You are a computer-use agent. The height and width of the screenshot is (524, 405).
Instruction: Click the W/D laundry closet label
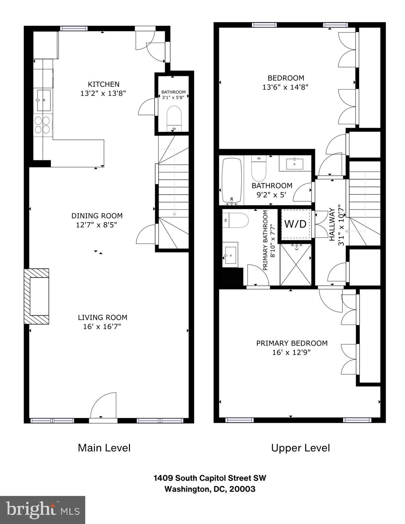(295, 224)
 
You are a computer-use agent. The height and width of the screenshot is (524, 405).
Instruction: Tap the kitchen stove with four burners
(42, 125)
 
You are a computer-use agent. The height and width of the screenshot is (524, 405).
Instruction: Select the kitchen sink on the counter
(43, 100)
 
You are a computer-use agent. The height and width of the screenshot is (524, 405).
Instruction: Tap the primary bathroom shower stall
(296, 264)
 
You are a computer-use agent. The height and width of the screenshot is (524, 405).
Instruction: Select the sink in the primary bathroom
(230, 255)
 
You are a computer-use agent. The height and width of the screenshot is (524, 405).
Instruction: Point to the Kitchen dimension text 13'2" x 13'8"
(103, 93)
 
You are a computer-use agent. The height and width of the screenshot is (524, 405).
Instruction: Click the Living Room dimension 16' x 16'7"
(102, 326)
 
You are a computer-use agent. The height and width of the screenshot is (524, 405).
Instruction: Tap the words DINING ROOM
(97, 216)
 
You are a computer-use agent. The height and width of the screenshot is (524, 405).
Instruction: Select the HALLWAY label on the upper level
(332, 224)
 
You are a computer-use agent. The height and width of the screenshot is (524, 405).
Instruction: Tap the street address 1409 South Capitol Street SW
(210, 478)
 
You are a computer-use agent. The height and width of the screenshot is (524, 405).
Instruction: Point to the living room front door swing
(104, 406)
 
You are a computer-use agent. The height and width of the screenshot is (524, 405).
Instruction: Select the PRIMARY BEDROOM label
(292, 343)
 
